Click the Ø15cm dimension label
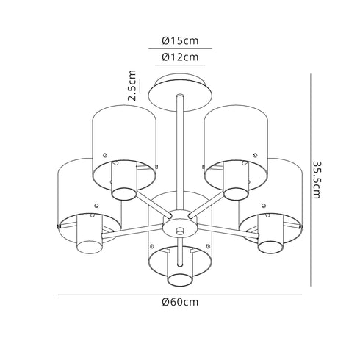[180, 40]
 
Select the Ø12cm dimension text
[180, 57]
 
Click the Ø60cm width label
[180, 302]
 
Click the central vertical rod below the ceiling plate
[180, 154]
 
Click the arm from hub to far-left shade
[140, 231]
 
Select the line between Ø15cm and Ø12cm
[180, 49]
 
